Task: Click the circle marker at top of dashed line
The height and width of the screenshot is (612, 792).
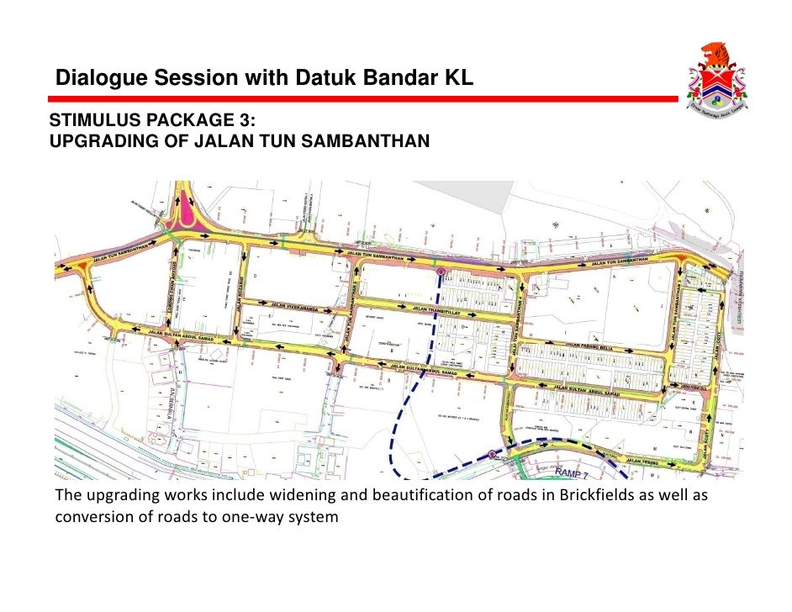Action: pyautogui.click(x=441, y=272)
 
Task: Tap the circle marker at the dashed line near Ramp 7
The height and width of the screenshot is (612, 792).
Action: pyautogui.click(x=492, y=456)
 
